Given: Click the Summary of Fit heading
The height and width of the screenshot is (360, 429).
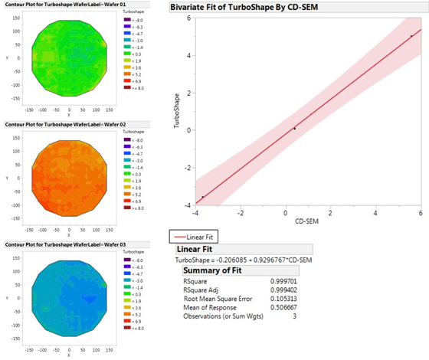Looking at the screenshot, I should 209,270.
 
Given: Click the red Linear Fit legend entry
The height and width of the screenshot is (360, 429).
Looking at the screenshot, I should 198,237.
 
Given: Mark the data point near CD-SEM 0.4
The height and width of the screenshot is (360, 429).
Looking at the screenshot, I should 294,129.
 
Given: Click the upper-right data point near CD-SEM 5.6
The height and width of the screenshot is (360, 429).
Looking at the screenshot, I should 411,35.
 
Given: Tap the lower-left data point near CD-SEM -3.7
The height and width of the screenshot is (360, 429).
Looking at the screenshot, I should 203,197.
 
